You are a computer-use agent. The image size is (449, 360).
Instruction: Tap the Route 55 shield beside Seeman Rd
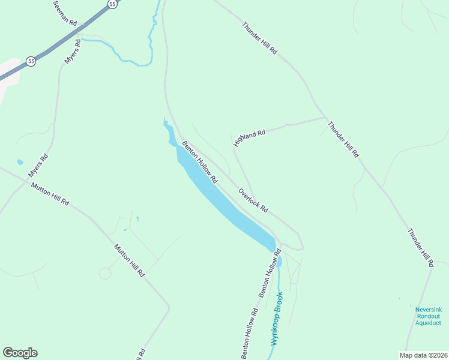pos(112,4)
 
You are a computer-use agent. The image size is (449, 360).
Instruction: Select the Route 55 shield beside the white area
pos(31,61)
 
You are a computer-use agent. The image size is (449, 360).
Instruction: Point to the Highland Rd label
pos(249,137)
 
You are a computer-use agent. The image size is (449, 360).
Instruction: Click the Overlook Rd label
pos(253,200)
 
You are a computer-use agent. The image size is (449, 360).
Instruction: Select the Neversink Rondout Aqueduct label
pos(429,316)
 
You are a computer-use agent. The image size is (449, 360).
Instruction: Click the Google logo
pos(20,353)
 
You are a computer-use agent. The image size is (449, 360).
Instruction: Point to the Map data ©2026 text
pos(423,355)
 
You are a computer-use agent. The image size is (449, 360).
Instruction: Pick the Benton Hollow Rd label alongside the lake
pos(199,162)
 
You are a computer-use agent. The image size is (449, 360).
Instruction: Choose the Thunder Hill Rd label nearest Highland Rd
pos(343,139)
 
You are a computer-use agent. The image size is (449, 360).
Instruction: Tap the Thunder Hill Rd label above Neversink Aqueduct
pos(420,247)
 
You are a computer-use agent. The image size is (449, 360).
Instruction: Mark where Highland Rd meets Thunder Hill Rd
pos(325,118)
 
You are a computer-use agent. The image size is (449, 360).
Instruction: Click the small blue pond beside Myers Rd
pos(20,162)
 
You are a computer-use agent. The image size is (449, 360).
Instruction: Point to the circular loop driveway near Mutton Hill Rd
pos(105,274)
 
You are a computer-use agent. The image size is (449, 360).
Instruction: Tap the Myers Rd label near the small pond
pos(38,166)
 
